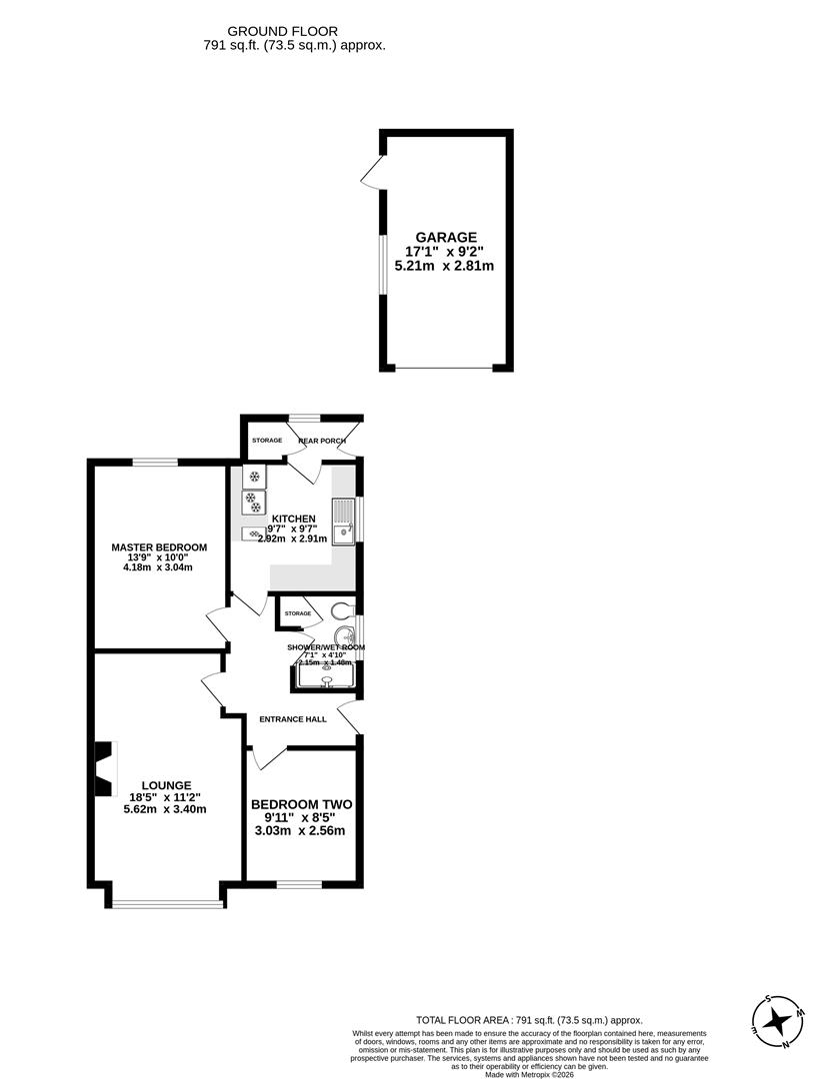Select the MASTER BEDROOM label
[x=159, y=547]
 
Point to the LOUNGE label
[x=166, y=785]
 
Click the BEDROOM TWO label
[x=301, y=804]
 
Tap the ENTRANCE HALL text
[x=293, y=718]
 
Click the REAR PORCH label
[x=322, y=441]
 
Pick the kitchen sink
[x=345, y=520]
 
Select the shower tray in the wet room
[x=326, y=678]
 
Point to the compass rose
[x=777, y=1021]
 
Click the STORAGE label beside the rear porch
[x=267, y=440]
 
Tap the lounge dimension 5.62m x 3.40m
[x=165, y=809]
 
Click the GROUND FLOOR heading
[x=282, y=31]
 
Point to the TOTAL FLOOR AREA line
[x=529, y=1020]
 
